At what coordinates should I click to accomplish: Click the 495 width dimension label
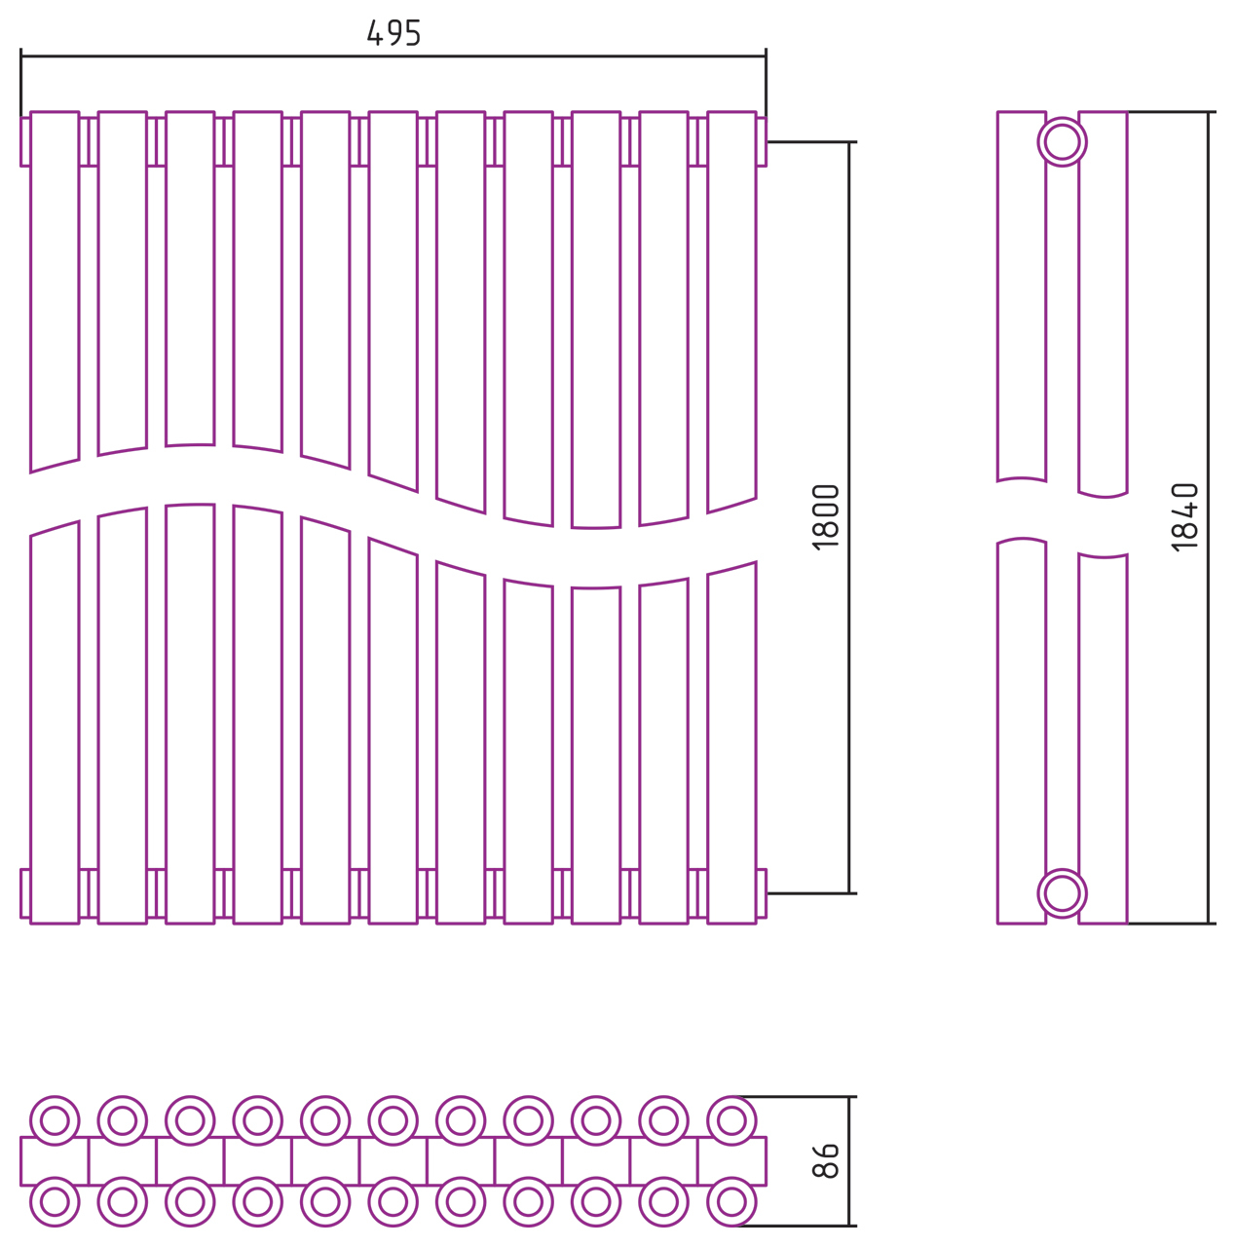click(x=393, y=33)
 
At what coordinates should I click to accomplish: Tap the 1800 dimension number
click(x=826, y=517)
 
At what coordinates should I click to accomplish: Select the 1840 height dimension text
click(x=1185, y=517)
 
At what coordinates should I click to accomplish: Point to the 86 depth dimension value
click(x=826, y=1161)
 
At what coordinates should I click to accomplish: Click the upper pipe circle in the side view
click(x=1062, y=142)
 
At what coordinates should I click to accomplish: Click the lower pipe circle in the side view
click(x=1062, y=893)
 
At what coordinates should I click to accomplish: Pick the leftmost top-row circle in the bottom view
click(x=55, y=1120)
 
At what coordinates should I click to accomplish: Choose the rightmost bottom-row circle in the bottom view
click(x=731, y=1202)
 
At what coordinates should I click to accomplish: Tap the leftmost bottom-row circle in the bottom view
click(x=55, y=1202)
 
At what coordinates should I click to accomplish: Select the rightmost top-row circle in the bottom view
click(x=731, y=1120)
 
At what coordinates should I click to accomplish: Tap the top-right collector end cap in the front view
click(x=762, y=142)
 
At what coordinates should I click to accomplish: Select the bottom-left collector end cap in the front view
click(x=25, y=893)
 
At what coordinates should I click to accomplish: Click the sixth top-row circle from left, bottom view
click(x=393, y=1120)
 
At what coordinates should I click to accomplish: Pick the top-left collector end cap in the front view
click(x=25, y=142)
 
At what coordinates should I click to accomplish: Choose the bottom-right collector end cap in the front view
click(x=762, y=893)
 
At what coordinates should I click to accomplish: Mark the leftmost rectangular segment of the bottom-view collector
click(x=55, y=1161)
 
